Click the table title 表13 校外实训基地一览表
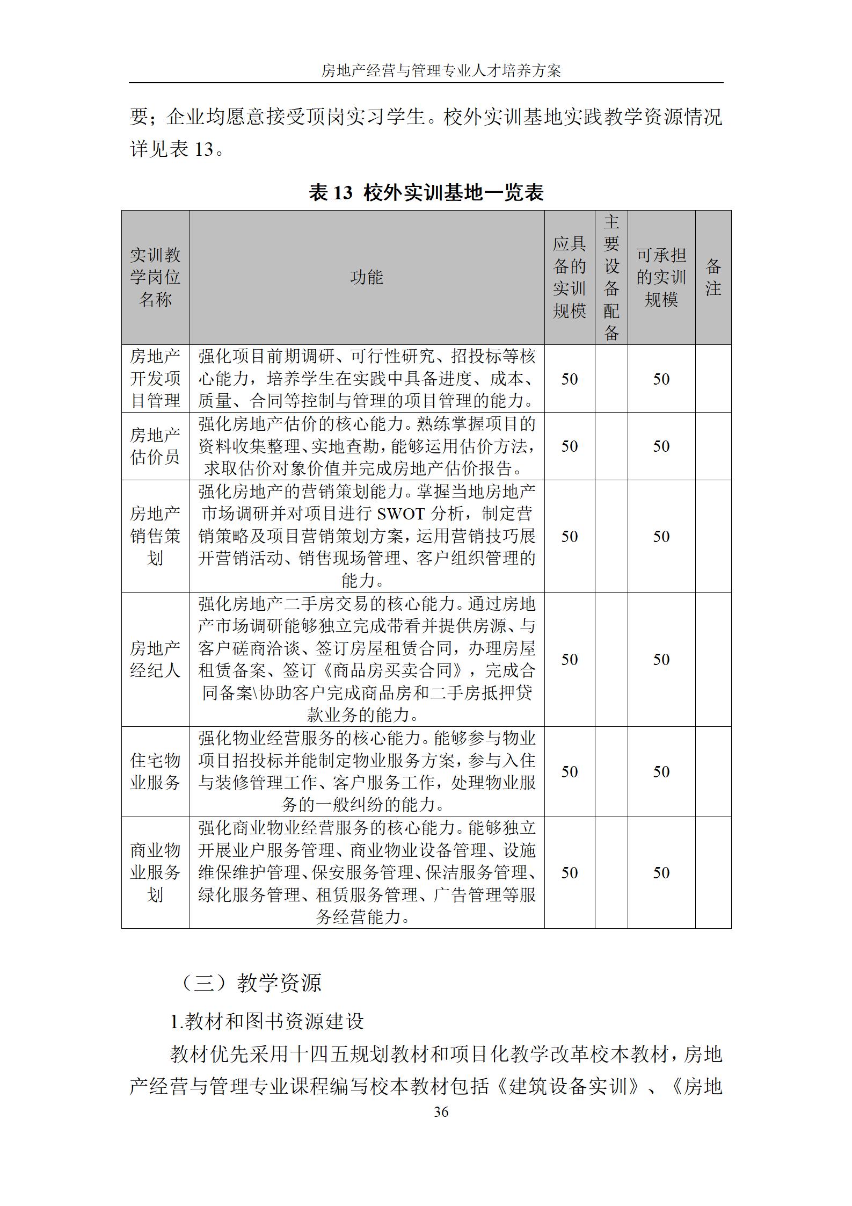426,192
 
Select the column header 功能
367,277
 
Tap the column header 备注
712,277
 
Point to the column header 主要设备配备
611,277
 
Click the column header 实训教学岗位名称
155,277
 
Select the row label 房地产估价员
155,446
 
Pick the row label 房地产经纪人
155,659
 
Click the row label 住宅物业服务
155,771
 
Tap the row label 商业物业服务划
155,872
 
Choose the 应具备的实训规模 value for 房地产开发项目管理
569,379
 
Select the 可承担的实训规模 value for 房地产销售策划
661,536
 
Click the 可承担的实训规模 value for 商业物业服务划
661,872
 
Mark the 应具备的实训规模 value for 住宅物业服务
569,771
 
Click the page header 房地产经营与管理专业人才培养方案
441,70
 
